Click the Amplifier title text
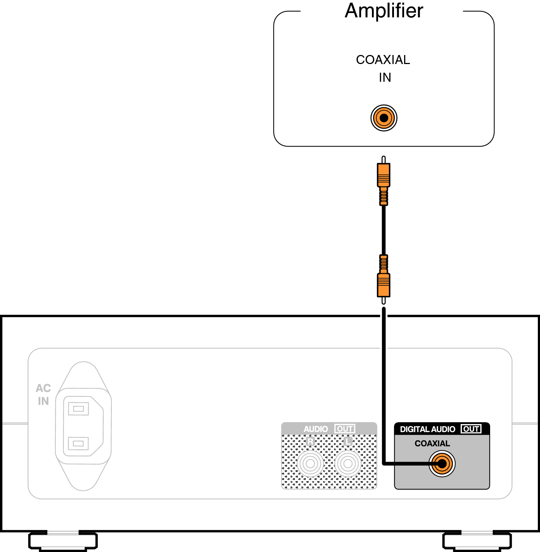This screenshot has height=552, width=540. coord(383,11)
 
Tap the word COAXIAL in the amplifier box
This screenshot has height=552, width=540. coord(383,60)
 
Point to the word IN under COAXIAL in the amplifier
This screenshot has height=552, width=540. coord(385,77)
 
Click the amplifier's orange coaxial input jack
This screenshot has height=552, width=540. coord(383,118)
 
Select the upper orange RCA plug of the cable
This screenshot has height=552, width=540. coord(383,176)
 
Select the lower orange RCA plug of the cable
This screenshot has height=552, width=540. coord(383,284)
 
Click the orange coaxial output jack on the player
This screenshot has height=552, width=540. coord(442,463)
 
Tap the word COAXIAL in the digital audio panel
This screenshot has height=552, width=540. coord(432,443)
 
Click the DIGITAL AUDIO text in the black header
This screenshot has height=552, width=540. coord(427,429)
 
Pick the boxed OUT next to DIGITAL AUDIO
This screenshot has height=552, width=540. coord(471,429)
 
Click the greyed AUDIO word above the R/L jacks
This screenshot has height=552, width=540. coord(316,429)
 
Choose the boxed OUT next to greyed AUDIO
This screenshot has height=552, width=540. coord(344,429)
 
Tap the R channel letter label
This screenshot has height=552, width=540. coord(310,442)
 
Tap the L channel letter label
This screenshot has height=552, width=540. coord(348,442)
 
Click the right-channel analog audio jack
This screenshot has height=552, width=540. coord(310,463)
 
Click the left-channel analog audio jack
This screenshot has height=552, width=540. coord(348,463)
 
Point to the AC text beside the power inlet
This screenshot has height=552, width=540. coord(43,388)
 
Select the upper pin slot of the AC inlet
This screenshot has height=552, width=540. coord(78,409)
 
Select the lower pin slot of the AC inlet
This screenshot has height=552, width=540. coord(78,443)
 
